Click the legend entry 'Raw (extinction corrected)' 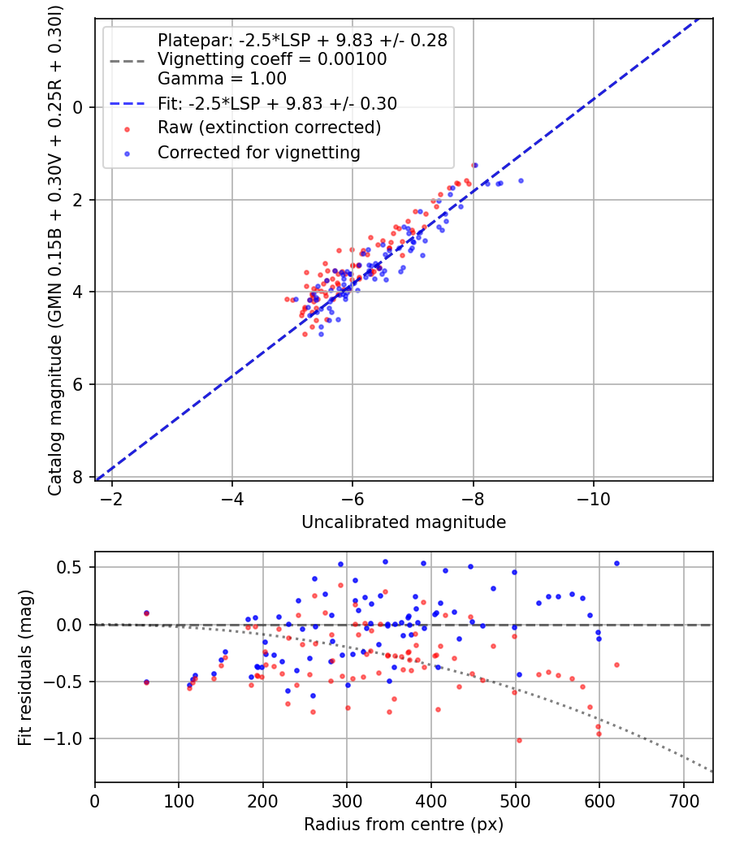[269, 128]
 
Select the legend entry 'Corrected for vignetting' [259, 152]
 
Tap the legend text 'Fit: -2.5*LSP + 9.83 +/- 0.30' [277, 103]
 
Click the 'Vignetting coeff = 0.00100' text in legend [272, 59]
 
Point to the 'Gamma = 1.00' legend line [222, 79]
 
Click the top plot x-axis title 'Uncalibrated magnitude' [404, 522]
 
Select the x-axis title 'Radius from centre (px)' [404, 824]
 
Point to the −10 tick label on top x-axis [594, 497]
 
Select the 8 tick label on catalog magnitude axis [78, 477]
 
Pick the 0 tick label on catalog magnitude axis [78, 107]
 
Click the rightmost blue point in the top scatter [521, 180]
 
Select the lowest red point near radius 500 [519, 740]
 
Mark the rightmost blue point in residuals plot [616, 563]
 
